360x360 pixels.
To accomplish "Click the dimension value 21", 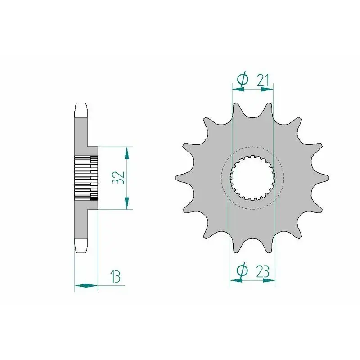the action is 263,81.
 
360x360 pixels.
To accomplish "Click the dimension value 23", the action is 263,272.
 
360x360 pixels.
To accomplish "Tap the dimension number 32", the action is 118,178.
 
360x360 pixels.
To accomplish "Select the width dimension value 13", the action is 115,277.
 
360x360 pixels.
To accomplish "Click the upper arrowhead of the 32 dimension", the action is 126,153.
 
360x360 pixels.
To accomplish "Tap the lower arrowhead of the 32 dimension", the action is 126,203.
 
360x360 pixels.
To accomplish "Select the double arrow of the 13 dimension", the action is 86,286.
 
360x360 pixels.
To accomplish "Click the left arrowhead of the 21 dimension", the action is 238,89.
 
